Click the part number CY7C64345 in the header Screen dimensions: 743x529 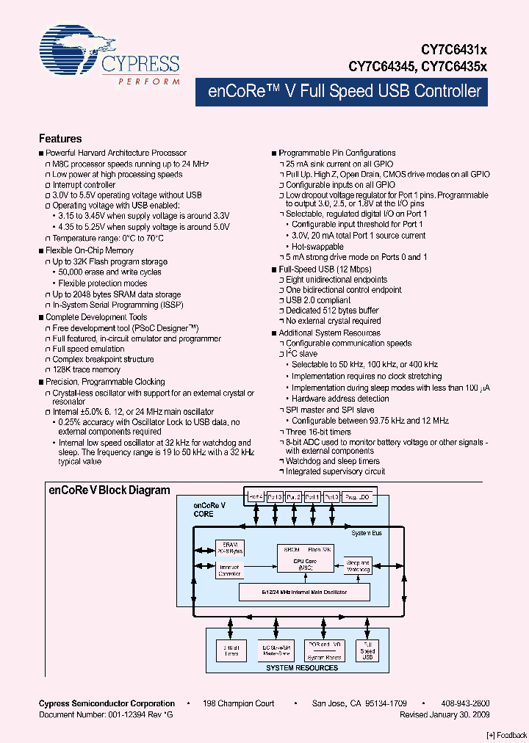pos(383,65)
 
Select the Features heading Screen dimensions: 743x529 pos(60,139)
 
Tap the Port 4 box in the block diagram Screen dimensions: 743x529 pos(256,497)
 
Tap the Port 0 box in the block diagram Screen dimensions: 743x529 pos(331,497)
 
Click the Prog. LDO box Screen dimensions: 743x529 pos(358,497)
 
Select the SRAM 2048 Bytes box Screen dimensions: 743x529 pos(231,548)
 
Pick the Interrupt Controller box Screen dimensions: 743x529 pos(231,570)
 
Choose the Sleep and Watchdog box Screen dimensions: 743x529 pos(358,565)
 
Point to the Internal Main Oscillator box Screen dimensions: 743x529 pos(304,592)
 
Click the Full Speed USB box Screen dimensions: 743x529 pos(368,650)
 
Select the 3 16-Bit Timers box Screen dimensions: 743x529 pos(231,650)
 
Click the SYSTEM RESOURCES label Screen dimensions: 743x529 pos(303,667)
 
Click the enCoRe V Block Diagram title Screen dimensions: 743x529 pos(109,490)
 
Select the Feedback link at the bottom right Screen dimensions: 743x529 pos(506,735)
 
